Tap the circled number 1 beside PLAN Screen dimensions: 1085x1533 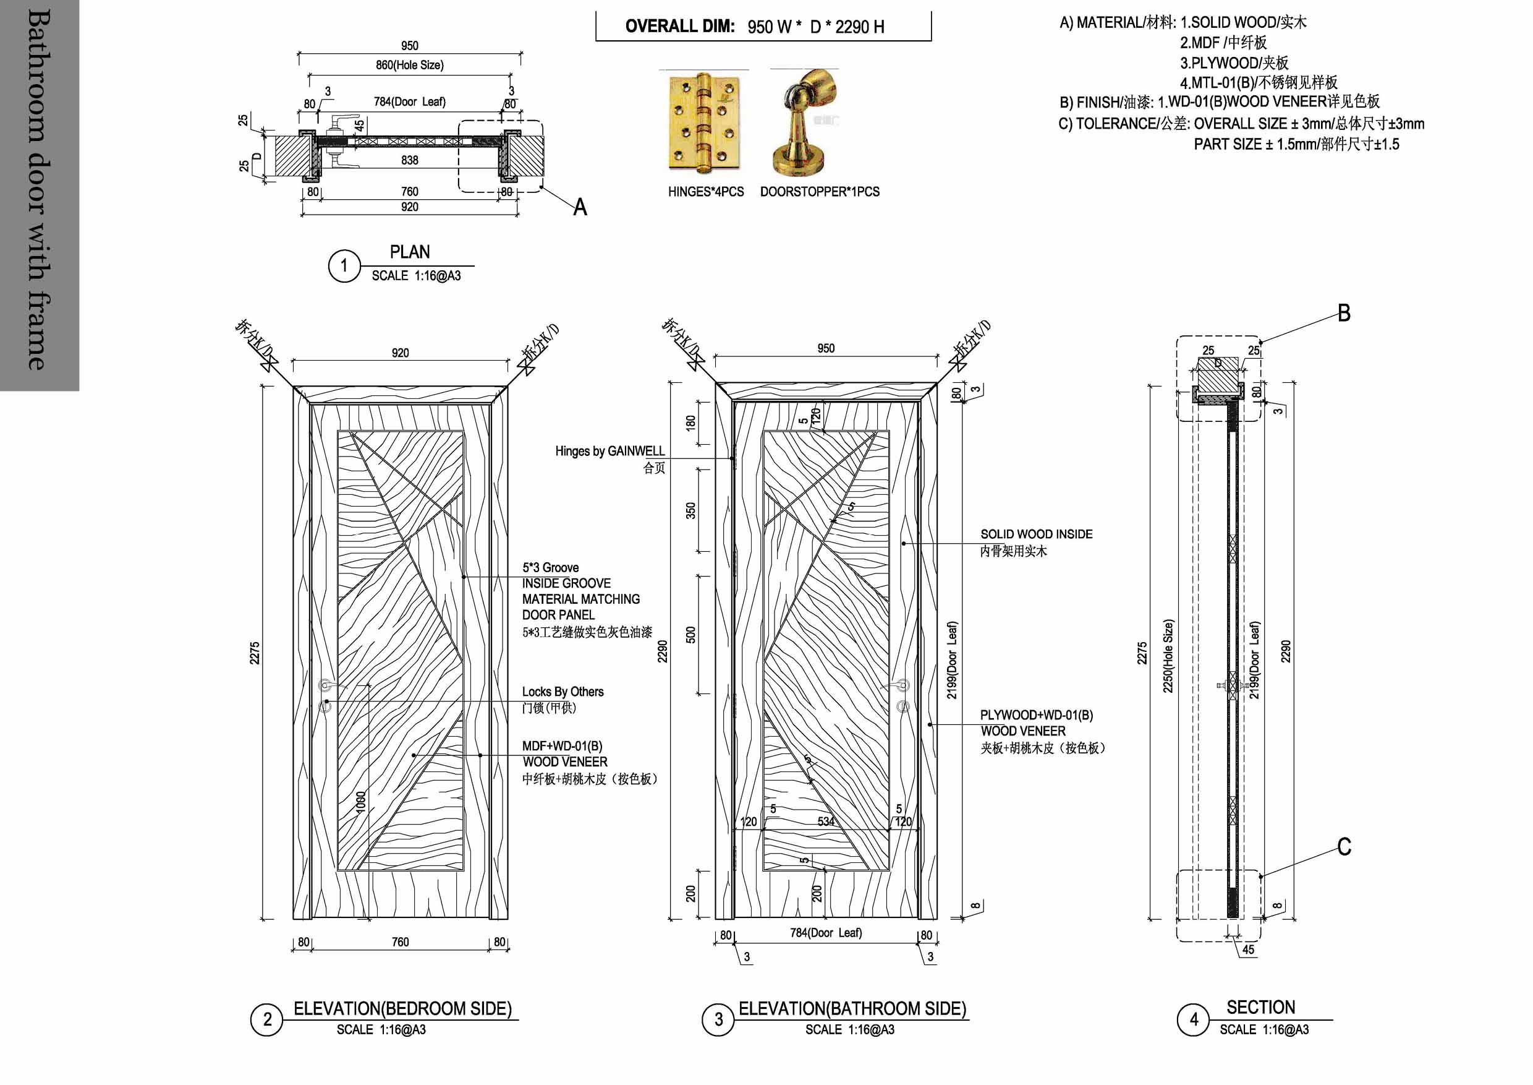coord(344,266)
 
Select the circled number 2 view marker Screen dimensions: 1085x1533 coord(267,1019)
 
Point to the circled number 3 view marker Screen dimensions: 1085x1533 coord(718,1019)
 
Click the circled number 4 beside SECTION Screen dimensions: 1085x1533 coord(1193,1019)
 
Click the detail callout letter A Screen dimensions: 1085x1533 coord(580,207)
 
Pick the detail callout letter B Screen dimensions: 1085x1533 coord(1344,314)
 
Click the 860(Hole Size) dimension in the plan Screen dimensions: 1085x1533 coord(409,65)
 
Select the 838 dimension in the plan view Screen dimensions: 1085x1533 coord(409,160)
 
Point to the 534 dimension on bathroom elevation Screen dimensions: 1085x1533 coord(826,821)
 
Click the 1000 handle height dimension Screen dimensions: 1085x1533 coord(360,802)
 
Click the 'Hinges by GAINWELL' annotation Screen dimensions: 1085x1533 coord(609,451)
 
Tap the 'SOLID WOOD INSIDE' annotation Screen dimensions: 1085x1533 coord(1036,534)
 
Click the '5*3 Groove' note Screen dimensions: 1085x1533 coord(550,568)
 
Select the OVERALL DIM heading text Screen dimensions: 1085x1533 coord(680,27)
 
